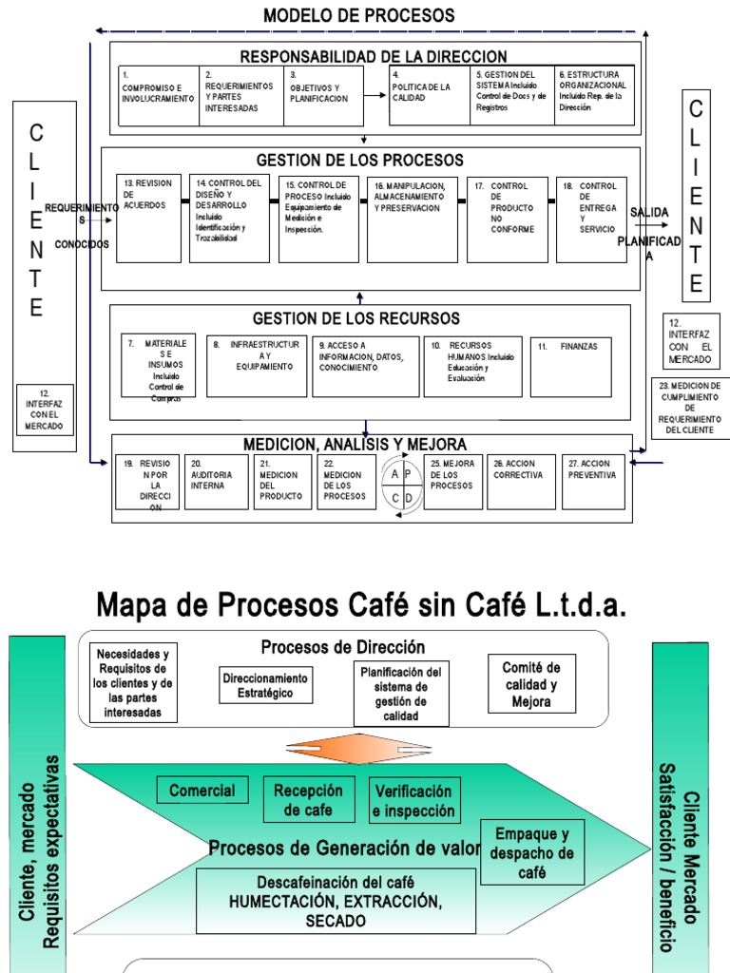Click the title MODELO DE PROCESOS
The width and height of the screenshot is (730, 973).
[x=358, y=15]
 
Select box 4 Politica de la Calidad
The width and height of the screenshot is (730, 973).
[x=430, y=95]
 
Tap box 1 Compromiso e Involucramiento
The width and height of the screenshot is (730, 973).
[x=160, y=95]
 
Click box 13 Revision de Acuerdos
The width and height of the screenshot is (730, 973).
[x=148, y=219]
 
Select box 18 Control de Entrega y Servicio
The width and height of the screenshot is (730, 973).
[x=591, y=219]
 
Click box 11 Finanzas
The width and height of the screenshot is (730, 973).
[x=570, y=367]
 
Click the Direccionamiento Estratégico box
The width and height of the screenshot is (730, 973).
[x=265, y=686]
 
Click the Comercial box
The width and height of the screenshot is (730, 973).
[x=202, y=791]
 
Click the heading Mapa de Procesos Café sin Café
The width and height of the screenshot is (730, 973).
[x=363, y=604]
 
